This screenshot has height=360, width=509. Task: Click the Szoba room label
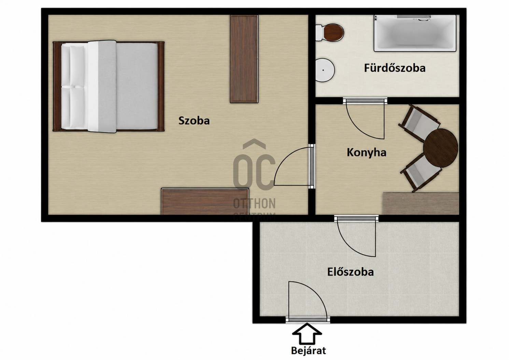[x=194, y=120]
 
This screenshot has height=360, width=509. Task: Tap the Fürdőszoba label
[x=395, y=68]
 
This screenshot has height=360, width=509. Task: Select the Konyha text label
[x=367, y=153]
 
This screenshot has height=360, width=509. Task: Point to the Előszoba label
[x=350, y=272]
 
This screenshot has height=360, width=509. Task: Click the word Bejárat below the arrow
[x=308, y=350]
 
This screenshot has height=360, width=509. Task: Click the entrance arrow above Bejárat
[x=307, y=334]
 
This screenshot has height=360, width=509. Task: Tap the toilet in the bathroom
[x=329, y=33]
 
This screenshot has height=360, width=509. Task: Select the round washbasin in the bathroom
[x=325, y=70]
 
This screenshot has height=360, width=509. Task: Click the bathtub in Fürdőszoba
[x=415, y=33]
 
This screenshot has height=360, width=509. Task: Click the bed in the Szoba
[x=109, y=87]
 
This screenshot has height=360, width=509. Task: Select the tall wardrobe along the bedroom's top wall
[x=244, y=59]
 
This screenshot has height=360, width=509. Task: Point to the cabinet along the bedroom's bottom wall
[x=205, y=201]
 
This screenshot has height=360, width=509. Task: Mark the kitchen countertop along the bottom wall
[x=421, y=203]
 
